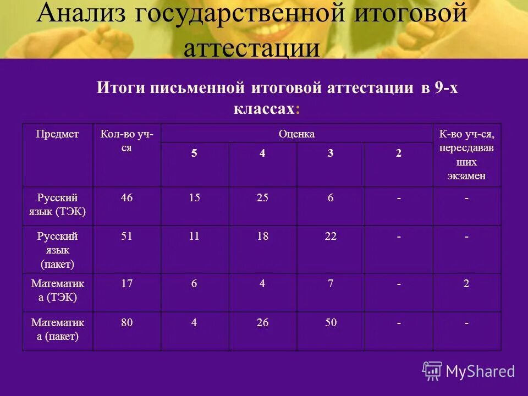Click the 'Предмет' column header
(x=57, y=134)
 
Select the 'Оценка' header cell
(x=296, y=134)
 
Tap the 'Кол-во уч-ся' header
(x=127, y=141)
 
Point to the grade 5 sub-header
(x=194, y=154)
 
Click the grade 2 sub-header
(x=398, y=154)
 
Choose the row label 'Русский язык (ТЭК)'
(x=57, y=205)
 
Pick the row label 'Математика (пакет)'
(x=57, y=329)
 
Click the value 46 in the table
(x=127, y=198)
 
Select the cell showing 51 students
(x=127, y=237)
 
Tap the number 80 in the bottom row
(x=127, y=323)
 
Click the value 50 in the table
(x=330, y=323)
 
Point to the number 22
(x=330, y=237)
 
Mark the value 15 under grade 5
(x=194, y=198)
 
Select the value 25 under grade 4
(x=262, y=198)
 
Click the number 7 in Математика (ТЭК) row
(x=330, y=284)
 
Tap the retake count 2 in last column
(x=466, y=284)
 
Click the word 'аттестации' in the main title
(x=251, y=48)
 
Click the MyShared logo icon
(x=432, y=371)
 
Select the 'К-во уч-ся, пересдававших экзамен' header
(x=466, y=155)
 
